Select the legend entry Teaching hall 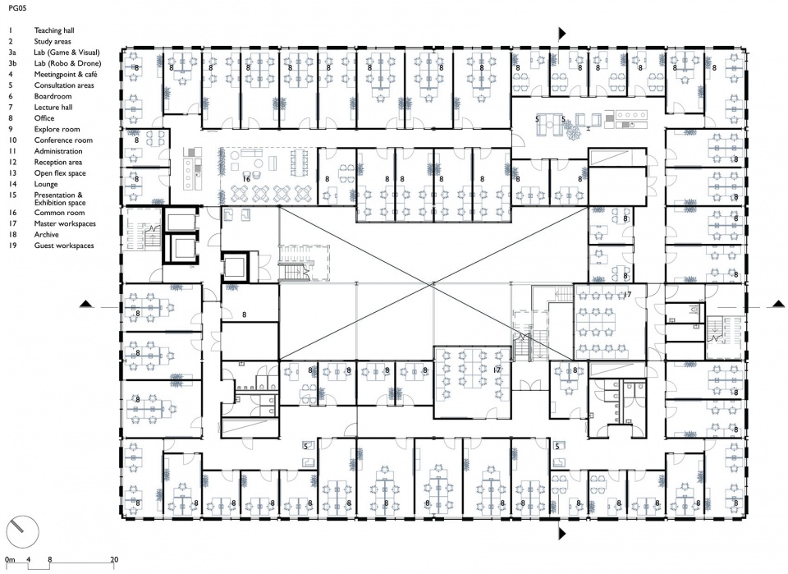click(54, 30)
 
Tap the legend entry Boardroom click(53, 96)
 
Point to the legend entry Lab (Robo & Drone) click(67, 63)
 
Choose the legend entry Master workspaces click(65, 223)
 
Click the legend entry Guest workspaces click(64, 246)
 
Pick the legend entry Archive click(46, 235)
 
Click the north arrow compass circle click(22, 532)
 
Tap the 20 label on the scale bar click(114, 559)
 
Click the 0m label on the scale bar click(10, 559)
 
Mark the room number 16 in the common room click(246, 180)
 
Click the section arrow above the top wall click(562, 33)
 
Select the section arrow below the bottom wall click(562, 533)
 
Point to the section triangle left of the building click(86, 304)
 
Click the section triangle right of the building click(779, 304)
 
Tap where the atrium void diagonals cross click(431, 284)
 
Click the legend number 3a click(12, 53)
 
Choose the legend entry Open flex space click(60, 173)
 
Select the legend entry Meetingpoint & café click(66, 75)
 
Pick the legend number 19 click(12, 246)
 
